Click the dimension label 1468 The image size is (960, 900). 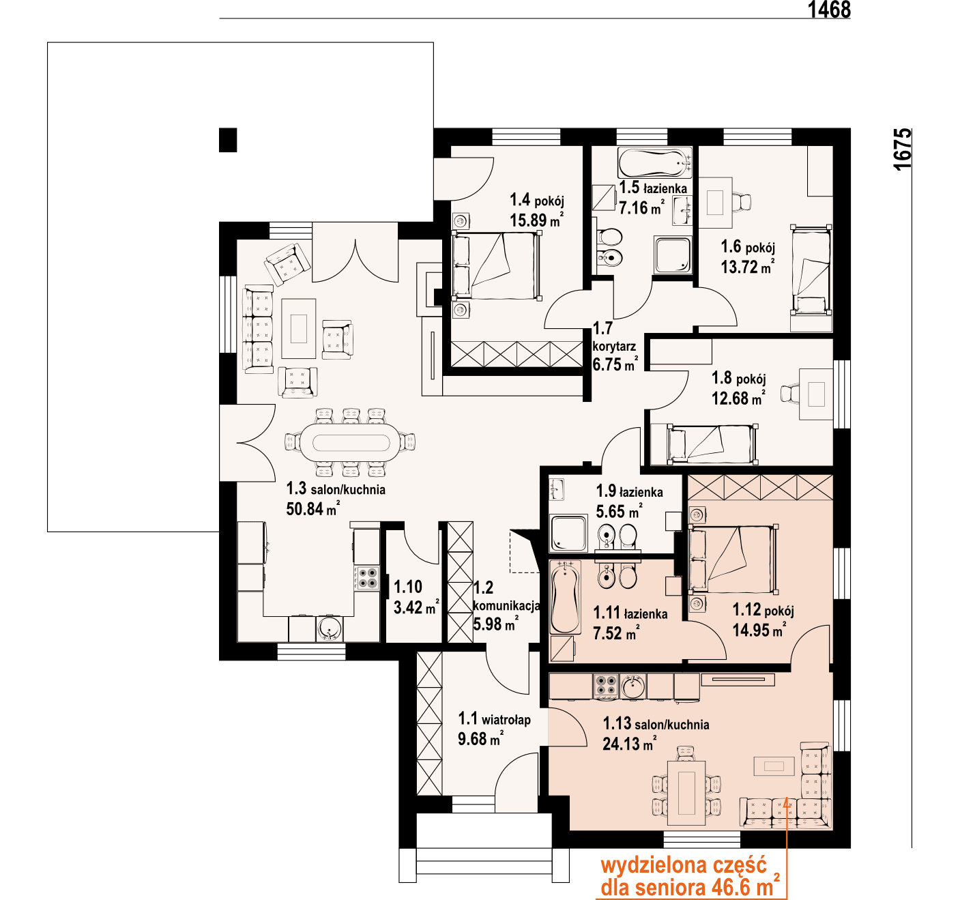[x=829, y=10]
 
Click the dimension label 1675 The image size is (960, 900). [x=902, y=149]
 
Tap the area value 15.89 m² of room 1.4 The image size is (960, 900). [x=536, y=220]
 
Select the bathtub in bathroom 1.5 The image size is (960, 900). [x=654, y=163]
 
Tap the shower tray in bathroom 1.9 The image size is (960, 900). [x=568, y=533]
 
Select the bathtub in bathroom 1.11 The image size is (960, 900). [x=566, y=598]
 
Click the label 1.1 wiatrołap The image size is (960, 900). [x=494, y=719]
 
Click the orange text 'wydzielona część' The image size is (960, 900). [x=683, y=866]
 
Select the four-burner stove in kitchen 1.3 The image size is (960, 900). [x=367, y=578]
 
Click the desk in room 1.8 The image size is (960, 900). [x=816, y=394]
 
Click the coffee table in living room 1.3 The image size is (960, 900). [x=299, y=328]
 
